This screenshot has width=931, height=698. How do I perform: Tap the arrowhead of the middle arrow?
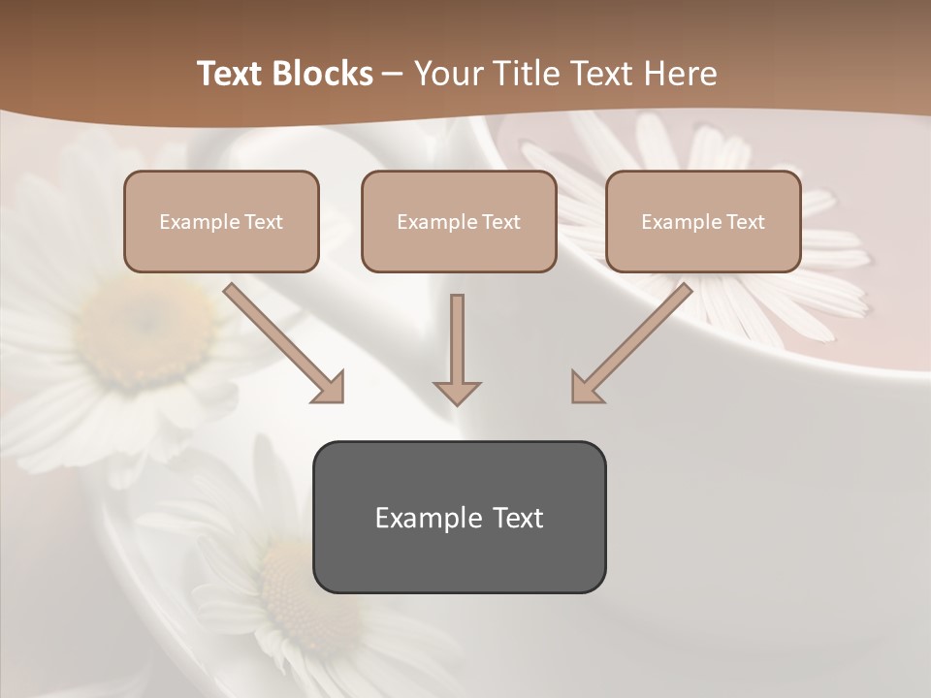point(457,392)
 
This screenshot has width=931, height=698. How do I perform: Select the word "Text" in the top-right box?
point(745,222)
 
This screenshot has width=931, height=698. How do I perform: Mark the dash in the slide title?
point(393,74)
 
